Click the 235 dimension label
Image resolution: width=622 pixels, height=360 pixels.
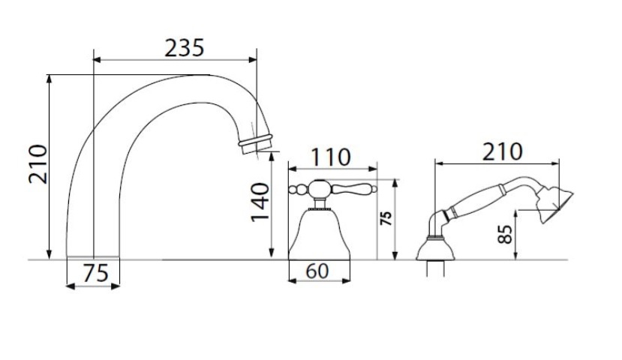(x=184, y=48)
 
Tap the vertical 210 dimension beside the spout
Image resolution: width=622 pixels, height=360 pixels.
(x=38, y=164)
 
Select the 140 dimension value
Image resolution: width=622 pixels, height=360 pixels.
(x=260, y=202)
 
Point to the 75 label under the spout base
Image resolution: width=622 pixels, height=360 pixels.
(x=95, y=273)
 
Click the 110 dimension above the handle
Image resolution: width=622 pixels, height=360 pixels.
(x=330, y=157)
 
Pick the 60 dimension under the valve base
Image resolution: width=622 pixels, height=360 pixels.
(x=317, y=271)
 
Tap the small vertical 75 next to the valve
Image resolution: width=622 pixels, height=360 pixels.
(x=386, y=218)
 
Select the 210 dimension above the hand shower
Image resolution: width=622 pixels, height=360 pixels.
(x=502, y=151)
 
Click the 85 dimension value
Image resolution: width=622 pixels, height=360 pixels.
(x=505, y=234)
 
